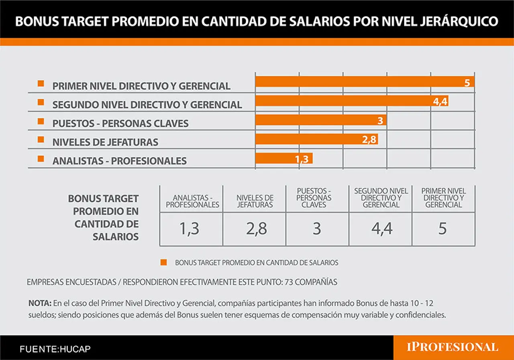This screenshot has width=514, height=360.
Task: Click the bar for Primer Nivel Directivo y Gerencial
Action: (365, 81)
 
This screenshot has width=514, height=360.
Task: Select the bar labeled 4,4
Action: (352, 101)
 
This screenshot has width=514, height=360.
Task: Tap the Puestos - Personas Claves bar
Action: (321, 120)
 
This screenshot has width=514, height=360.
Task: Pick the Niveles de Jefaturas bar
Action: (317, 139)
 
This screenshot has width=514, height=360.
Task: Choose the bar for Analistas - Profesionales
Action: (284, 158)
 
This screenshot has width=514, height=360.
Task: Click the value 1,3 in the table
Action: (189, 229)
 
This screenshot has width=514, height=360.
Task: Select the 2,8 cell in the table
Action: (257, 229)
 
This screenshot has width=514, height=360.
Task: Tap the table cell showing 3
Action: (317, 229)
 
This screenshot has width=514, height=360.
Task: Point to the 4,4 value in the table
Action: (382, 229)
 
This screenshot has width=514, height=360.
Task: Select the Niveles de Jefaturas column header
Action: (255, 201)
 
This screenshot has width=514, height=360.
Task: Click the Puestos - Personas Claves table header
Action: (314, 197)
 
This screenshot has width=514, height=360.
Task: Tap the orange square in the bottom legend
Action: (163, 262)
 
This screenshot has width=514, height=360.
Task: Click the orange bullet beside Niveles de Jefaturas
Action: (41, 139)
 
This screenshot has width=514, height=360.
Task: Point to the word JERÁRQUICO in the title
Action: (459, 21)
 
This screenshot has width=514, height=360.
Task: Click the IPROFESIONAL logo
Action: (453, 347)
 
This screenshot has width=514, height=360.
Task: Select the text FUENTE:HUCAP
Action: (55, 349)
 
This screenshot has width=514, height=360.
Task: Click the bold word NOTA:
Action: (40, 303)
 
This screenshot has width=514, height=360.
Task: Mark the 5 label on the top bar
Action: (467, 83)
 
